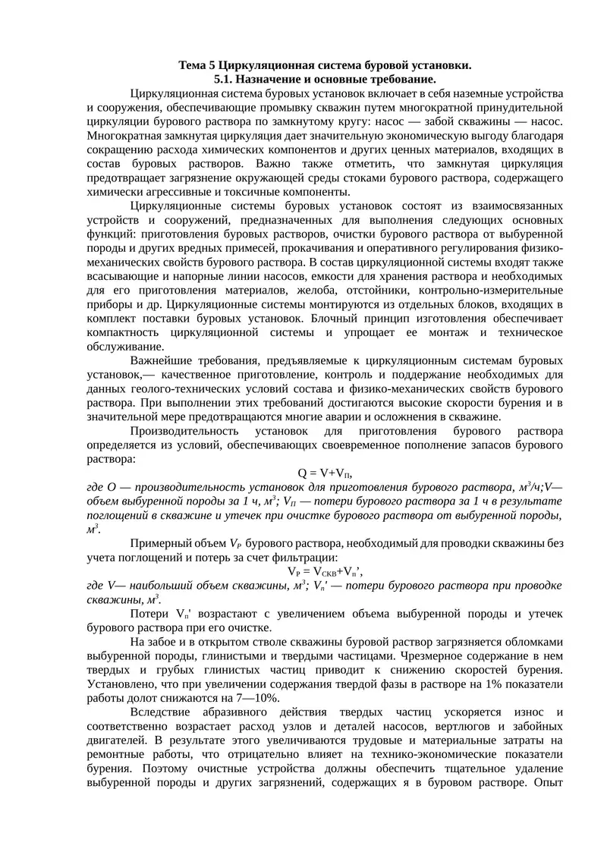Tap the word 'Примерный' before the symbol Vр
click(157, 543)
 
